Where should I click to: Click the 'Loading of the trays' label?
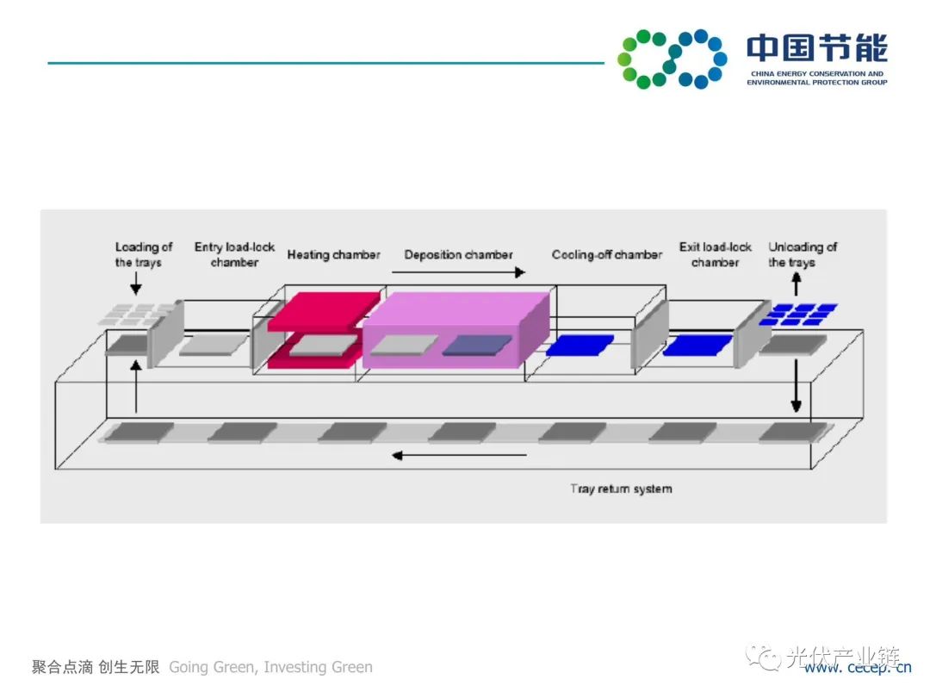(x=143, y=254)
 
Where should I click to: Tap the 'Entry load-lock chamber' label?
(x=234, y=254)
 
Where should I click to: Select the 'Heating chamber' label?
(x=333, y=255)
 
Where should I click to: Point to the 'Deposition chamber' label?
(x=458, y=255)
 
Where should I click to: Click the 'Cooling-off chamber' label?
(x=606, y=255)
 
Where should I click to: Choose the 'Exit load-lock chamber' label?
(x=715, y=254)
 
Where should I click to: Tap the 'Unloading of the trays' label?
(x=802, y=254)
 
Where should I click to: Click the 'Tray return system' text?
(x=620, y=489)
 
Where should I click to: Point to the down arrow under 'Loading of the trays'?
(x=135, y=283)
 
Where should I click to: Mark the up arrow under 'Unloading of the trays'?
(x=796, y=283)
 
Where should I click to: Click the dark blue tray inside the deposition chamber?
(x=476, y=346)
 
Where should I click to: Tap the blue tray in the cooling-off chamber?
(x=580, y=346)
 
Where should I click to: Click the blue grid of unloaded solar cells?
(x=802, y=314)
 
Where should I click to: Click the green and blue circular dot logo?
(x=672, y=59)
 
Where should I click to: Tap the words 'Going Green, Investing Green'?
(x=270, y=667)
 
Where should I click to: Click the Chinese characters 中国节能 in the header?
(x=816, y=48)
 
